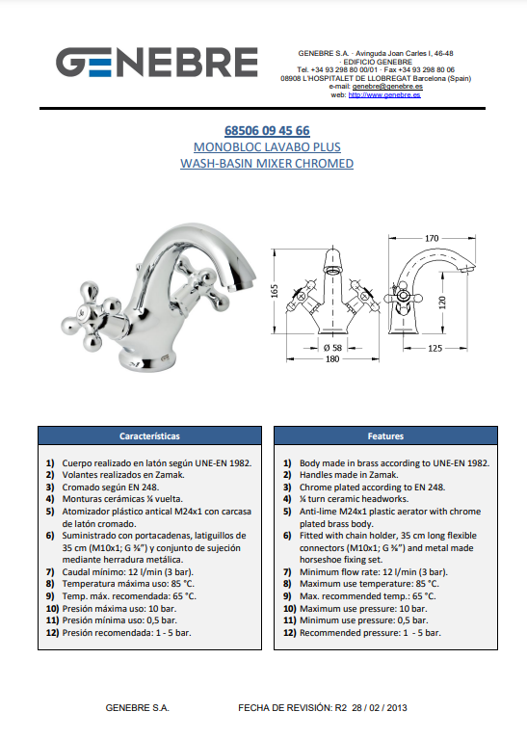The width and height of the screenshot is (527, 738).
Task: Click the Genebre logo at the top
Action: tap(157, 62)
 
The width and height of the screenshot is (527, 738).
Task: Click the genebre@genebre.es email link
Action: tap(387, 87)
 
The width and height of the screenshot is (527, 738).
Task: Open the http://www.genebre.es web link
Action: tap(384, 94)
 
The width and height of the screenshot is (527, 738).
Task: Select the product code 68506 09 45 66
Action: tap(267, 130)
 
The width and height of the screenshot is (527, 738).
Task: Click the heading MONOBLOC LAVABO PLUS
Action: tap(267, 146)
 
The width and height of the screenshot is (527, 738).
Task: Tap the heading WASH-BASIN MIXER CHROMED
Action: tap(267, 164)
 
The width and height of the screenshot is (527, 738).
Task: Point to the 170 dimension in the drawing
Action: tap(432, 238)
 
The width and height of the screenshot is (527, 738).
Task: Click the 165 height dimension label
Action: tap(275, 291)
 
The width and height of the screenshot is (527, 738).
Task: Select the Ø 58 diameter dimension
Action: tap(332, 348)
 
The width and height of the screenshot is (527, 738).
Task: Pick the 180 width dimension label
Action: tap(332, 359)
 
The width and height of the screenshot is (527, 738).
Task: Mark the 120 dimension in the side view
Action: tap(442, 303)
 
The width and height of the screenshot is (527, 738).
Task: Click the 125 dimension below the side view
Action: tap(435, 349)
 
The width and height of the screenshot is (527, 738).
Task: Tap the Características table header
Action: tap(149, 435)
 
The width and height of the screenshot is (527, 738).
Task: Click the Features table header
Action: tap(385, 435)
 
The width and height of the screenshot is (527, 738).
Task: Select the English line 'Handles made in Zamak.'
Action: tap(349, 475)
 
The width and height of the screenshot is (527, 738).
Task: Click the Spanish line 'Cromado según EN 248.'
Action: tap(111, 488)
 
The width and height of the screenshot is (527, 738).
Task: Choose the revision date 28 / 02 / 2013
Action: tap(380, 708)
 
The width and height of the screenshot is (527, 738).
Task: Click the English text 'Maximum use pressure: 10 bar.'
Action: tap(363, 609)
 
